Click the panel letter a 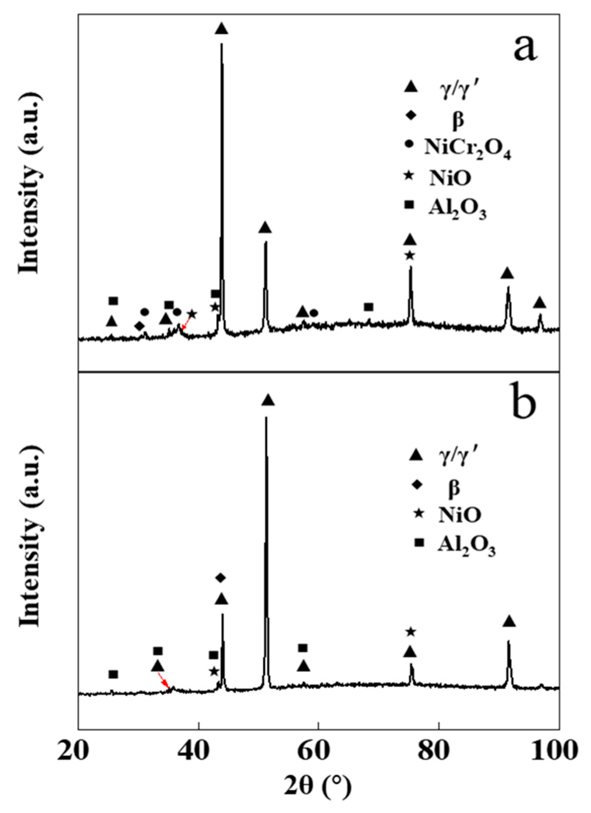(525, 48)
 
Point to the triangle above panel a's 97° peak (539, 303)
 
